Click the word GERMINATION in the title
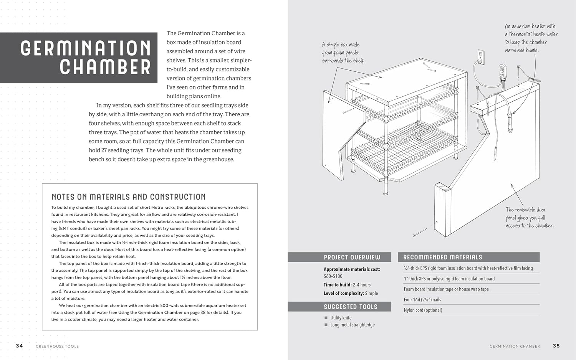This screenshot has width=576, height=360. click(x=85, y=48)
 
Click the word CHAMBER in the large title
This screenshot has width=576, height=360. click(x=105, y=67)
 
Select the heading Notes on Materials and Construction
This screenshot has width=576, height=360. click(x=129, y=197)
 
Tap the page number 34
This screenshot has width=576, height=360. click(x=20, y=346)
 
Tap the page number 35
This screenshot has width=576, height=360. click(x=556, y=346)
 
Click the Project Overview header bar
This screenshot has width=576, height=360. click(x=339, y=257)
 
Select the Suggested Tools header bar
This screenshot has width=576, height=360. click(x=339, y=307)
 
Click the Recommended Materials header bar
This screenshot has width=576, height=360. click(x=468, y=257)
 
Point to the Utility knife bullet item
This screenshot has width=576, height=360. click(x=341, y=318)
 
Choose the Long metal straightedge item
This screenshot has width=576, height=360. click(x=352, y=325)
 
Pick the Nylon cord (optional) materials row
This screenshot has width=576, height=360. click(x=423, y=310)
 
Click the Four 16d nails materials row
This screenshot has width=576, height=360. click(x=422, y=300)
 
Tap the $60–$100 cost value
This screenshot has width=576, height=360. click(x=333, y=276)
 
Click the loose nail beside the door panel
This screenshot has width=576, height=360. click(x=420, y=232)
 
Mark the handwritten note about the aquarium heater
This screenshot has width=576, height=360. click(x=531, y=38)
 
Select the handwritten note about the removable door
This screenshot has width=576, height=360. click(x=529, y=218)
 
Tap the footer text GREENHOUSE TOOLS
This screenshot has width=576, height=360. click(x=57, y=346)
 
